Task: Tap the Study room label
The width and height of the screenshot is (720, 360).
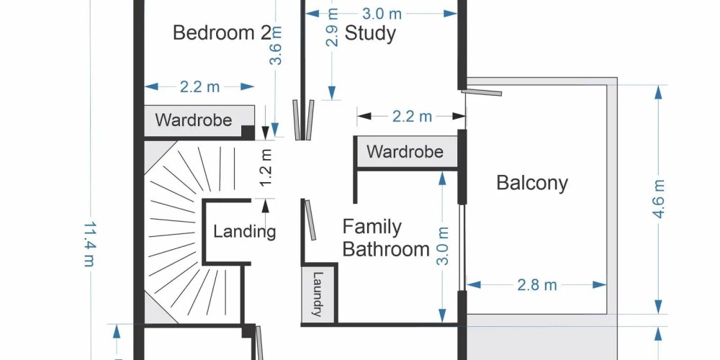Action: coord(370,34)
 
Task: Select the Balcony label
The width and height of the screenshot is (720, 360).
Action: coord(532,183)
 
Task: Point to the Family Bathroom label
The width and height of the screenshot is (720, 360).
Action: coord(386,238)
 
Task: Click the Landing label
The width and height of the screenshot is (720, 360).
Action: coord(244,231)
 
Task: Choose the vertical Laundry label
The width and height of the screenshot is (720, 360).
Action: coord(318,294)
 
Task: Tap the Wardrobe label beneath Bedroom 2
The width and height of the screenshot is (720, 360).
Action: coord(193,120)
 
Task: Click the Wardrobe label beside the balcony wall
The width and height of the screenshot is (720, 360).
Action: coord(405,151)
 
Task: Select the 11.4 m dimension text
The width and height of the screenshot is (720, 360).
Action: coord(90,244)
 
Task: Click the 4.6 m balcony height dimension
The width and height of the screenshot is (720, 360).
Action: coord(659,199)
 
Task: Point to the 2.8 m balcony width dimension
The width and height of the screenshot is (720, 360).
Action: coord(537,285)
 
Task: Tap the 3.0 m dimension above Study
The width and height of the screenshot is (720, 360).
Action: coord(382,14)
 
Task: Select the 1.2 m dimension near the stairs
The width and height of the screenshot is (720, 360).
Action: coord(266,168)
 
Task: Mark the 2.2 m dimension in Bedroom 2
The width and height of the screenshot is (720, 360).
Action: coord(199,87)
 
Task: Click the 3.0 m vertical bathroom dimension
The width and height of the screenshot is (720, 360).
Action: coord(442,246)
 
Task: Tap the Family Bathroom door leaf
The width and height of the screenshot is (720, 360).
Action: coord(311,220)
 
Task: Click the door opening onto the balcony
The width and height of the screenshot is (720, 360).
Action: coord(481,93)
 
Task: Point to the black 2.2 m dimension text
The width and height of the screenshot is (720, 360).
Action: coord(412,117)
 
